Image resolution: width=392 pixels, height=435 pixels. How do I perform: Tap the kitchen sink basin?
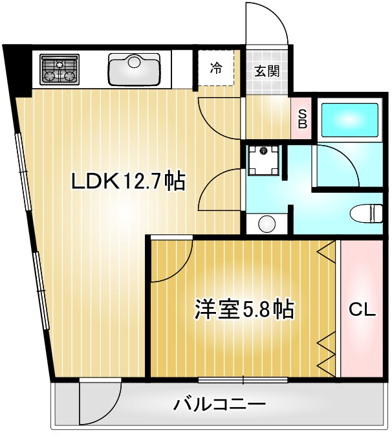pyautogui.click(x=135, y=69)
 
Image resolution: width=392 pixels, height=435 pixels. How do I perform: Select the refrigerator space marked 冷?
pyautogui.click(x=216, y=68)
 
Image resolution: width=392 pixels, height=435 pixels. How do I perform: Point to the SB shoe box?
pyautogui.click(x=302, y=118)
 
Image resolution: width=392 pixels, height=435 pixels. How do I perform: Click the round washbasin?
pyautogui.click(x=267, y=224)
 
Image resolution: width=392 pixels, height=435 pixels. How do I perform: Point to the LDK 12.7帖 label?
pyautogui.click(x=129, y=181)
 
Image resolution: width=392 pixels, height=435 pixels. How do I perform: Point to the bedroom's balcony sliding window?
pyautogui.click(x=243, y=379)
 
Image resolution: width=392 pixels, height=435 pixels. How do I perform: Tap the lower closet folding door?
pyautogui.click(x=327, y=353)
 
